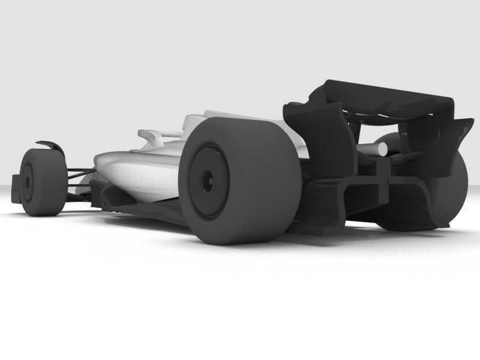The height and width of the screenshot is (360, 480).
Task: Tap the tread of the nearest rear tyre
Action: tap(264, 180)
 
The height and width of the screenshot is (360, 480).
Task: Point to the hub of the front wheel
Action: tap(27, 182)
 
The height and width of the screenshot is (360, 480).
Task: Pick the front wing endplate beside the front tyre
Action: tap(16, 187)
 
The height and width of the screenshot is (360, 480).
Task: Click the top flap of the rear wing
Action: tap(384, 96)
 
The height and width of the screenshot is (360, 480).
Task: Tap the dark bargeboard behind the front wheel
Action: tap(102, 192)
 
